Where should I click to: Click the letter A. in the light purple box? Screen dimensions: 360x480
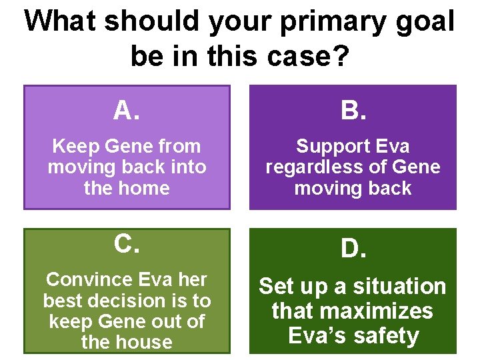(126, 110)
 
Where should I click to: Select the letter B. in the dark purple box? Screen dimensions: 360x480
(353, 110)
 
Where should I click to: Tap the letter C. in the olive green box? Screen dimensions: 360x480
(126, 245)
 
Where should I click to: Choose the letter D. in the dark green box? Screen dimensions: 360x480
(353, 249)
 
